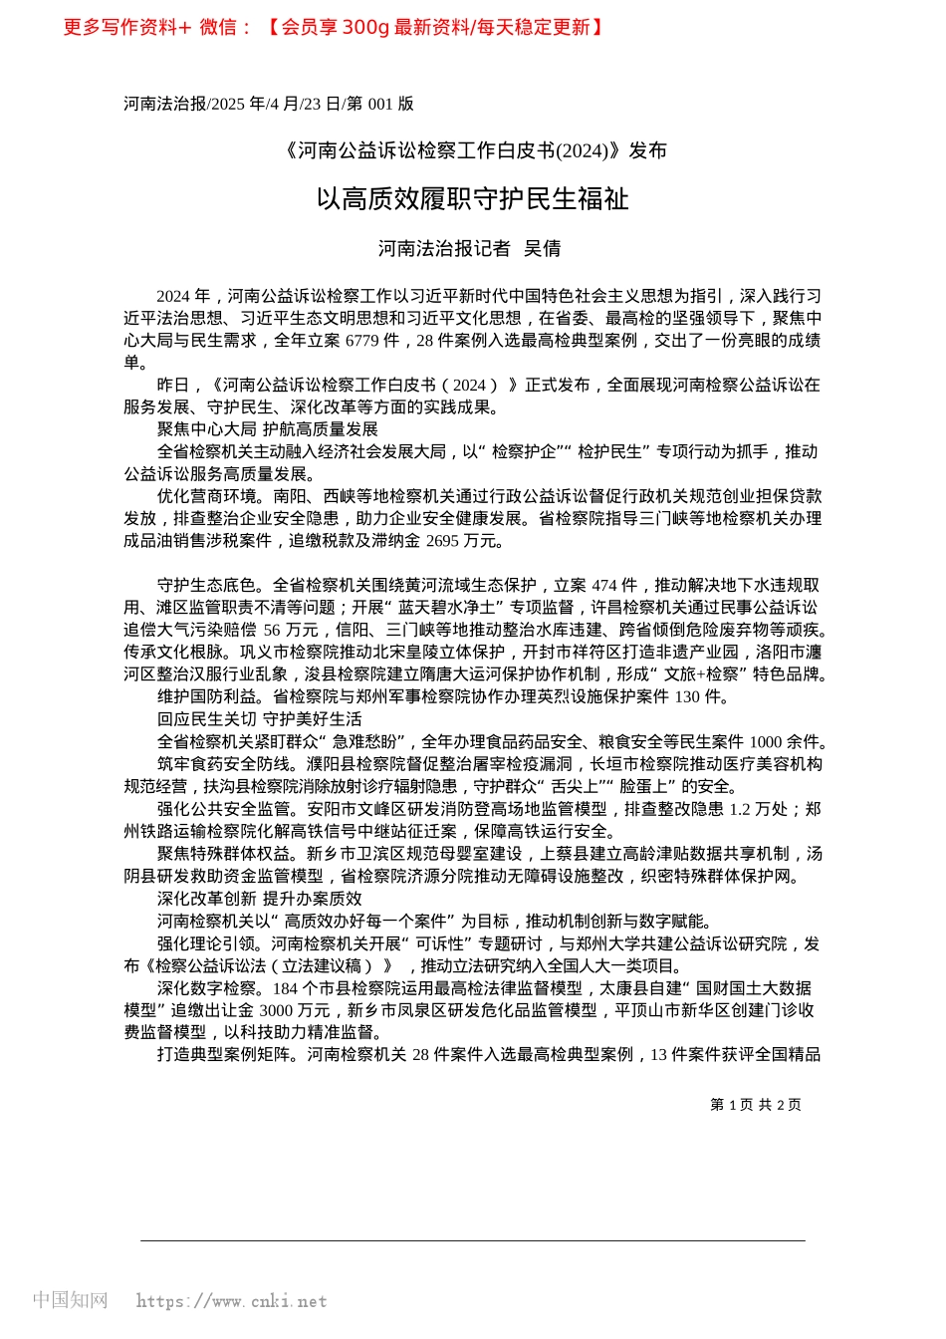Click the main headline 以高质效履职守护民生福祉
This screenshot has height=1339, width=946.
click(x=472, y=199)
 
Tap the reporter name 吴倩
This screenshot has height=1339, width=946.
click(x=543, y=249)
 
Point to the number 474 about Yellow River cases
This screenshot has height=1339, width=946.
click(x=604, y=586)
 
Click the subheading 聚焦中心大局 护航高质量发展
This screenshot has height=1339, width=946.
click(x=267, y=429)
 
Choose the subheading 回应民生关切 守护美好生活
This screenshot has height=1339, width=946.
click(x=259, y=719)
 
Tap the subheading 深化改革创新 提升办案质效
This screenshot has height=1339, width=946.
click(x=259, y=899)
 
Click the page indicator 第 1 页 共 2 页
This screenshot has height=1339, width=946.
click(x=756, y=1104)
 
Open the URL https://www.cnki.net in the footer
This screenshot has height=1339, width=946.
click(x=231, y=1301)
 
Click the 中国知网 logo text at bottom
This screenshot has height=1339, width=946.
click(x=71, y=1300)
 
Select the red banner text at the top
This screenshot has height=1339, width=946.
click(x=334, y=28)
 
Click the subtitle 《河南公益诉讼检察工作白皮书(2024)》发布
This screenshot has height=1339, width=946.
click(x=473, y=150)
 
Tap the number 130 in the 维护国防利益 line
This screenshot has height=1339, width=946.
click(x=688, y=697)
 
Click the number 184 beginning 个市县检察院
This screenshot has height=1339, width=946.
click(x=285, y=988)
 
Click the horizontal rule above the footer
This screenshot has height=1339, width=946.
click(x=473, y=1240)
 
